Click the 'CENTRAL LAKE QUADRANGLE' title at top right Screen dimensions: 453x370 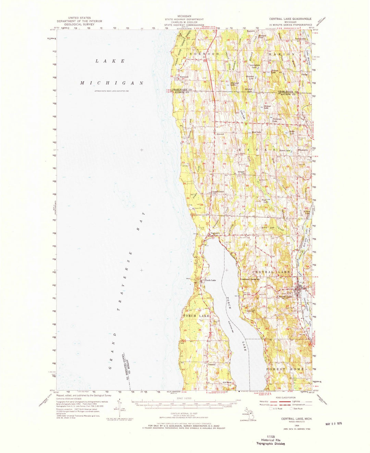pyautogui.click(x=290, y=19)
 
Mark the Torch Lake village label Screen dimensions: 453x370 pyautogui.click(x=210, y=280)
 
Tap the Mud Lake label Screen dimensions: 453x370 pyautogui.click(x=256, y=132)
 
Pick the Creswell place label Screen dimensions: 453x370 pyautogui.click(x=212, y=365)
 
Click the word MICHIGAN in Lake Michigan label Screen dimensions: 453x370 pyautogui.click(x=112, y=83)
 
